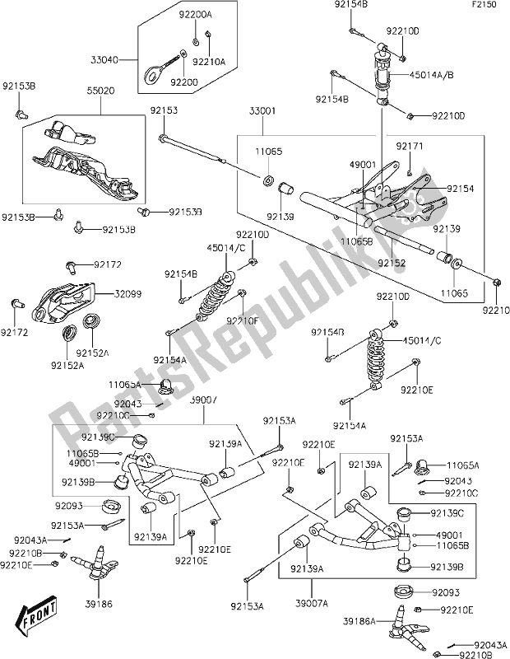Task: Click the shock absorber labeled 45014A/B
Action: (x=384, y=76)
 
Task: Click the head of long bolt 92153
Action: (x=165, y=139)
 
